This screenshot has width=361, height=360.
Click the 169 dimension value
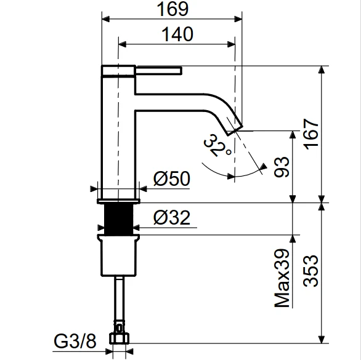pos(172,9)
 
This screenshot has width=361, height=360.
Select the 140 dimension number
pos(177,34)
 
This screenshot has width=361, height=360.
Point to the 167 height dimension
pos(311,134)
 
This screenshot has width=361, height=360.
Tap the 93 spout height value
pos(282,167)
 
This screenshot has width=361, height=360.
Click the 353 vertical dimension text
pos(311,271)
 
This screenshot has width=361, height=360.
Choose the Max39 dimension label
pos(282,278)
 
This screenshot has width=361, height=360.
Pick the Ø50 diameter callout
pos(172,178)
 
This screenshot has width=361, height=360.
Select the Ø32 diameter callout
pos(172,217)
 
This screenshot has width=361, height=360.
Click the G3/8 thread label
pos(75,341)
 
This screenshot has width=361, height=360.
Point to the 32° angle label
pos(217,146)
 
